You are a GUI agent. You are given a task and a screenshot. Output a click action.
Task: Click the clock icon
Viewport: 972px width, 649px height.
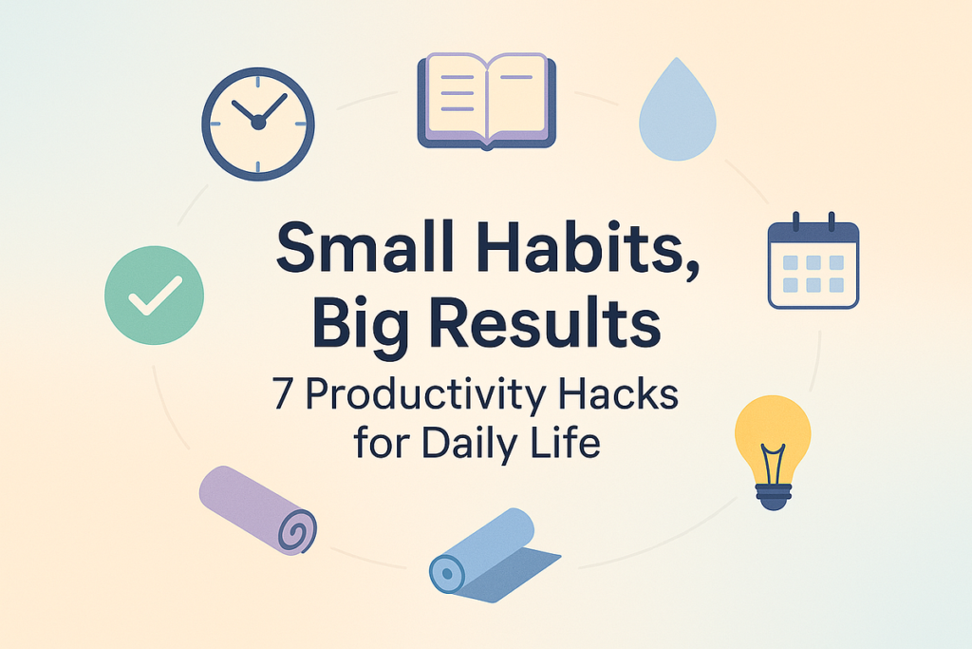258,124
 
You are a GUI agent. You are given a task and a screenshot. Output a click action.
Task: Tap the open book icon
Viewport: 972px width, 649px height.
487,101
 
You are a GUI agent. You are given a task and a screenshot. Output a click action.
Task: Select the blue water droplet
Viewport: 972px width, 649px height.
678,109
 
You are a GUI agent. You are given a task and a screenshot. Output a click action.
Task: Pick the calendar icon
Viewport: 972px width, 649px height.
813,260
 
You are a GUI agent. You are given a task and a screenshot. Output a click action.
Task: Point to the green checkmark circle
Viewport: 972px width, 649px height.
155,296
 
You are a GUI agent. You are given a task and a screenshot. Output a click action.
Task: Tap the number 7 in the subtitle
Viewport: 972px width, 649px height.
283,394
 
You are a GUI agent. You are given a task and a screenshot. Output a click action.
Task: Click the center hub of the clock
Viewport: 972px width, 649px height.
258,123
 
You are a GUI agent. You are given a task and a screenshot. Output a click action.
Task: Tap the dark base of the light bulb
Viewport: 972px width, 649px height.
773,496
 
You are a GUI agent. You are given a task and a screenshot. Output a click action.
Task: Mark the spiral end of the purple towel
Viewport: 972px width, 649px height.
296,531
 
